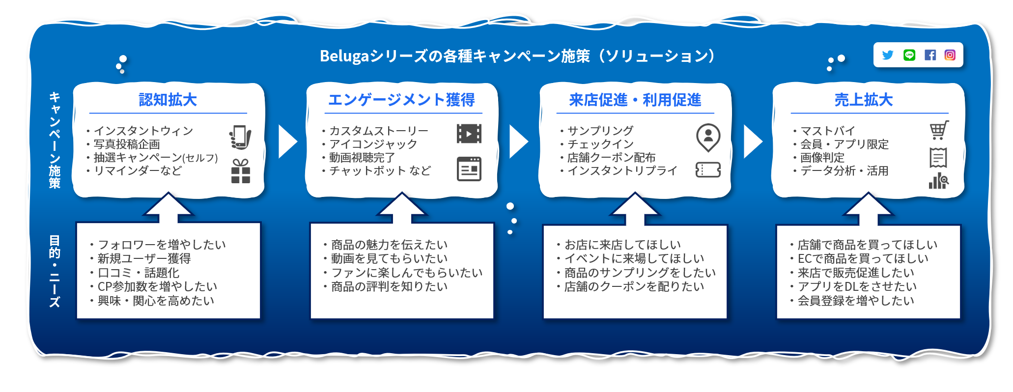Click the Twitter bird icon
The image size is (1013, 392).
[887, 55]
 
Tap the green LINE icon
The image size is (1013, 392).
[909, 55]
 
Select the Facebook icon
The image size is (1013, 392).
[930, 55]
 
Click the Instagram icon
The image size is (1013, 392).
[950, 55]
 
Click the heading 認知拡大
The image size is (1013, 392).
[168, 100]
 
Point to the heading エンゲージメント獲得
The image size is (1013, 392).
[401, 100]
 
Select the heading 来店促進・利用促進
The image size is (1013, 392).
[635, 100]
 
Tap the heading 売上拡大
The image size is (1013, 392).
[864, 100]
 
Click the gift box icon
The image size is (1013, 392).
[241, 171]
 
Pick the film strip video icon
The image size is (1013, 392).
[469, 134]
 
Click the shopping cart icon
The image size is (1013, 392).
[939, 130]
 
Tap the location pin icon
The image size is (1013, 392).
[708, 138]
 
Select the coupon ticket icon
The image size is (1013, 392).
[708, 170]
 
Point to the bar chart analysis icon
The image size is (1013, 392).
[939, 180]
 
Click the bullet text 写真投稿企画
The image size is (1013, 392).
[127, 144]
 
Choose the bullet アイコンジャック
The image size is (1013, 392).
[373, 144]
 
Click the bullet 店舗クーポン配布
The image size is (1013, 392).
[612, 157]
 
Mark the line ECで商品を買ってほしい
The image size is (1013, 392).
[863, 258]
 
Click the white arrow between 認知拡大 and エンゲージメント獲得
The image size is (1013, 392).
[288, 141]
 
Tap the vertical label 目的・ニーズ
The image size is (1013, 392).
[55, 271]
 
